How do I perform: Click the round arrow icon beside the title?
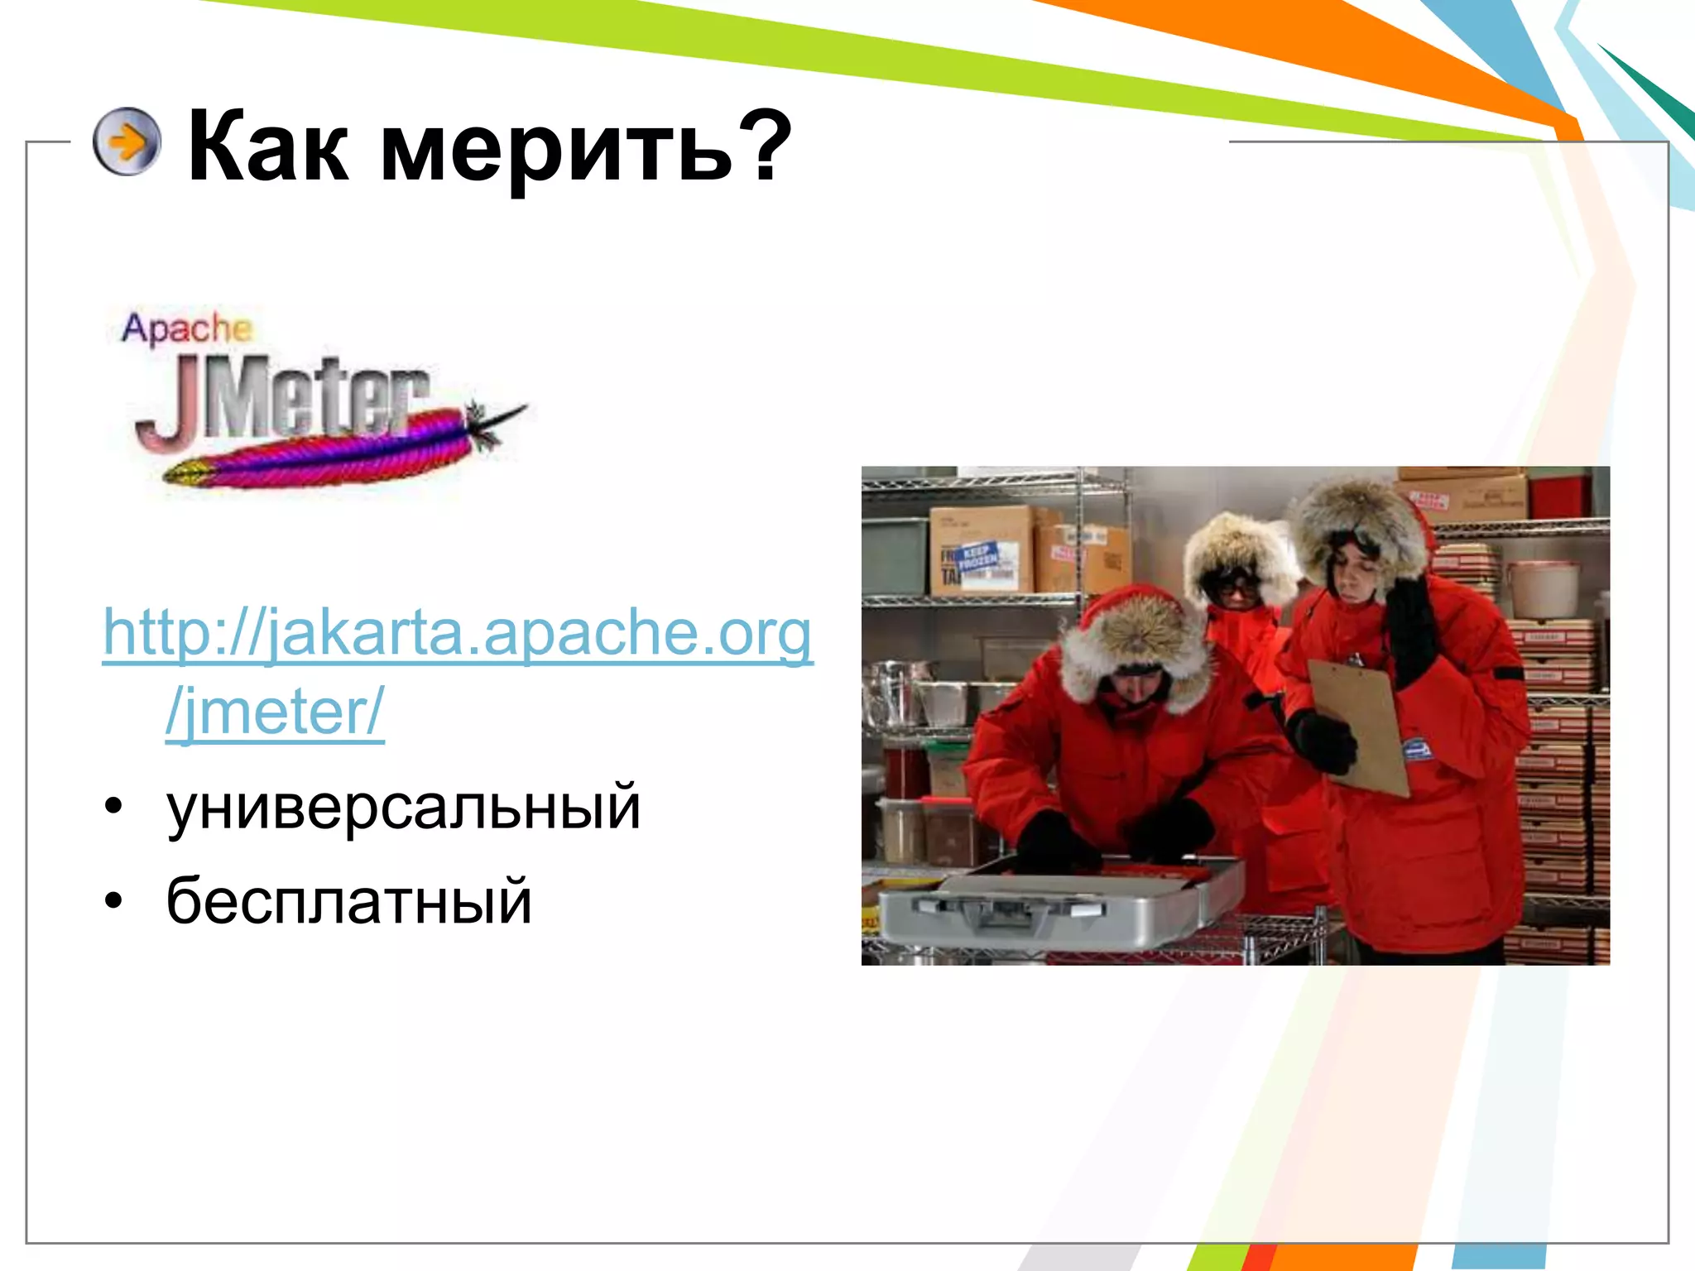point(127,141)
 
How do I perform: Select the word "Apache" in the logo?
point(185,329)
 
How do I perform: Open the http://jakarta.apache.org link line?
point(458,634)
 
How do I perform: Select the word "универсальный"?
point(403,807)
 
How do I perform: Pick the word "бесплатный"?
point(348,901)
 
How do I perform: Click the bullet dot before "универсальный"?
point(113,806)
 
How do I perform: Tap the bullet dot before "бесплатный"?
point(113,900)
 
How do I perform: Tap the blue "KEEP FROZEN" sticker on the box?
point(978,558)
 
